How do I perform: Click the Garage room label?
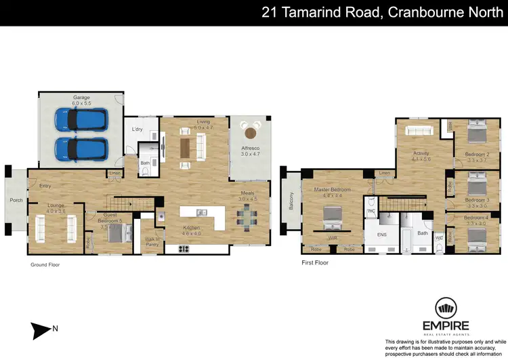[81, 97]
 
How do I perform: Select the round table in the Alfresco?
[252, 132]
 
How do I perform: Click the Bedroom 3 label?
[477, 200]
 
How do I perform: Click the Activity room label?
[421, 153]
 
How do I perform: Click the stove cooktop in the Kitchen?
[184, 249]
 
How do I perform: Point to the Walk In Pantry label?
[152, 241]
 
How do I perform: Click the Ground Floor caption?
[45, 265]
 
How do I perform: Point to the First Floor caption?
[315, 262]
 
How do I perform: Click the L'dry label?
[136, 129]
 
